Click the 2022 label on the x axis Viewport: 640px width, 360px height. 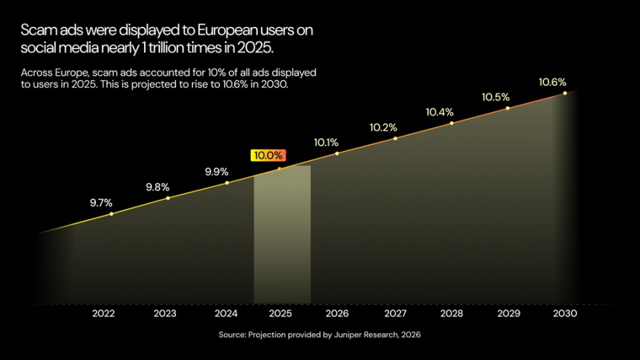103,313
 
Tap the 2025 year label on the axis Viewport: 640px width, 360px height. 281,313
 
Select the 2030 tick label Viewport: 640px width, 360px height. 565,313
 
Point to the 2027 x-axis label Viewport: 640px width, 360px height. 395,313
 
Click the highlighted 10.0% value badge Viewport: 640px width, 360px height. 268,156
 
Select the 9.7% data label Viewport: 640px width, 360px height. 101,203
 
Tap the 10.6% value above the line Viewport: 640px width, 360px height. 552,82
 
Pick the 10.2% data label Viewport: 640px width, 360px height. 383,127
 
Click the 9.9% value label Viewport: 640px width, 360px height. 217,172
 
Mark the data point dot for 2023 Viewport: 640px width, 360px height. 168,198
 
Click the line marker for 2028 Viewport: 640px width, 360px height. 452,123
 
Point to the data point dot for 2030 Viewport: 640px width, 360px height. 565,93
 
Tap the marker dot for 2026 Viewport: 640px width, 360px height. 337,153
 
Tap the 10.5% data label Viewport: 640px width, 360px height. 495,97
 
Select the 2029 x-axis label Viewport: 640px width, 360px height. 508,313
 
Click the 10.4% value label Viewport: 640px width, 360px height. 439,112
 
